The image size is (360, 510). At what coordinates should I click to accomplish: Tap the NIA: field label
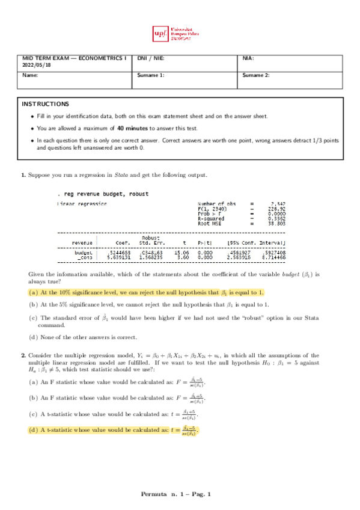(248, 58)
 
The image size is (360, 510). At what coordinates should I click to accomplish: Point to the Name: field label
(30, 75)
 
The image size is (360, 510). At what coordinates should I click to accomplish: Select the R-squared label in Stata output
(211, 219)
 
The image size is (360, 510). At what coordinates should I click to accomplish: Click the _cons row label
(84, 258)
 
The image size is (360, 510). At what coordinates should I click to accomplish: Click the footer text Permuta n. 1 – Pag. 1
(180, 494)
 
